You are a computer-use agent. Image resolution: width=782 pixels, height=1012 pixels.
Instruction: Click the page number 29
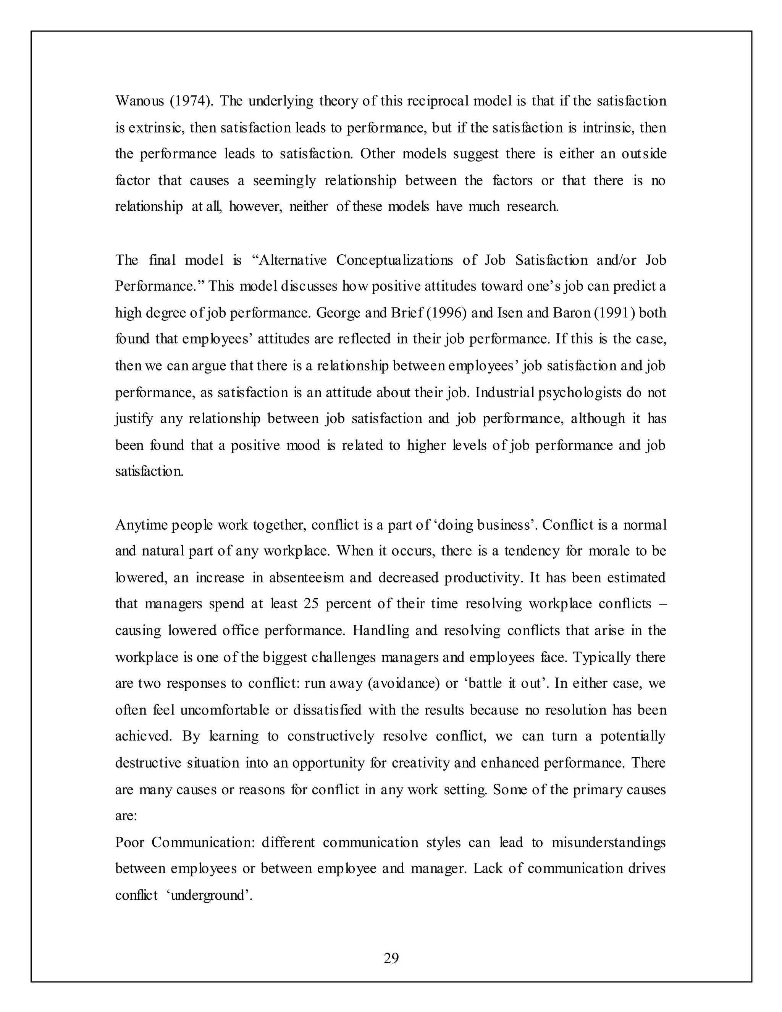click(391, 958)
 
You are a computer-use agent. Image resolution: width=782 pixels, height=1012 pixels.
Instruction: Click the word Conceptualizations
click(394, 260)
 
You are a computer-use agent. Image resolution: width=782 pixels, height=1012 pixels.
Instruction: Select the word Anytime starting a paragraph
click(141, 525)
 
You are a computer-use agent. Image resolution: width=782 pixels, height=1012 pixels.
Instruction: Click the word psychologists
click(580, 393)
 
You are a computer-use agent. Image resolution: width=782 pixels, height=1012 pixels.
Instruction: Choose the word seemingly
click(284, 180)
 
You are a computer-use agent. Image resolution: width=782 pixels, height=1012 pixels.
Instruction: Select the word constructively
click(330, 736)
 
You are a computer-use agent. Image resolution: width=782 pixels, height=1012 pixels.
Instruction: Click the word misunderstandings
click(608, 842)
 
